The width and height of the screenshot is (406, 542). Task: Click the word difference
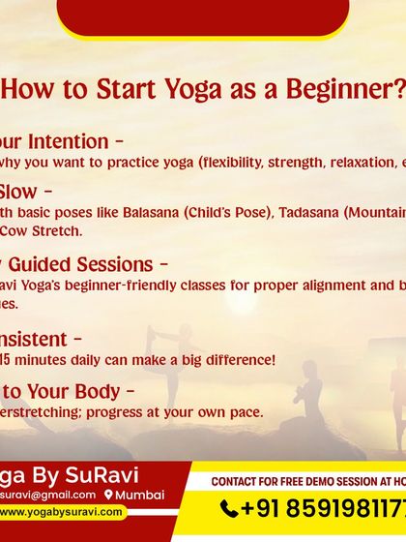(240, 360)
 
